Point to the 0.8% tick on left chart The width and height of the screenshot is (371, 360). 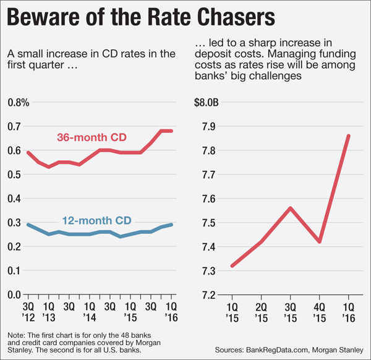tap(18, 102)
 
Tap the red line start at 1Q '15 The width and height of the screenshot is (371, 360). tap(232, 265)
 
